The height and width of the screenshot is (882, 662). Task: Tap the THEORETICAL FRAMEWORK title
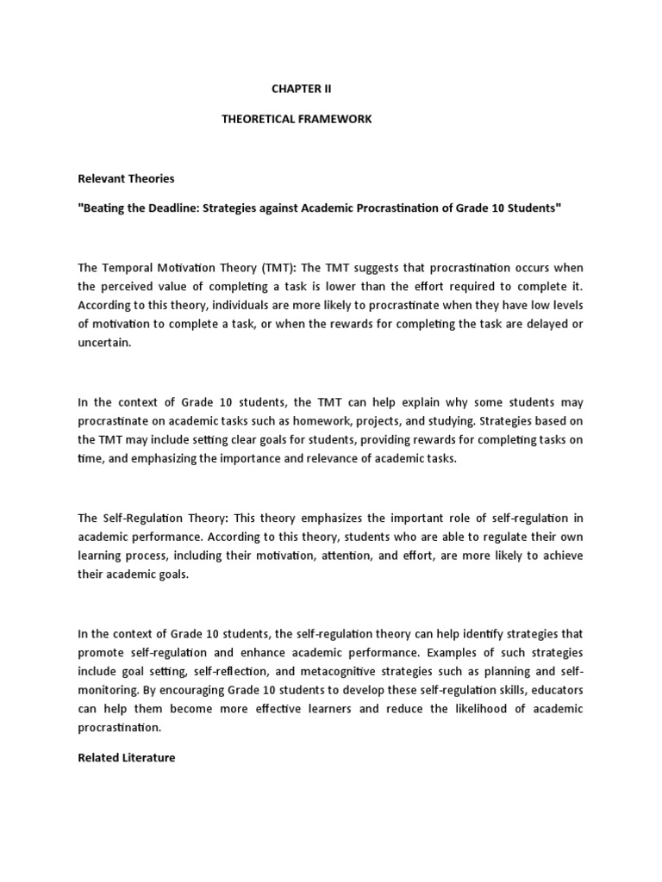point(297,119)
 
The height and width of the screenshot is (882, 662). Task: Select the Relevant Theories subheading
point(126,178)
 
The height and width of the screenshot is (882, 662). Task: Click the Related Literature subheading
point(127,758)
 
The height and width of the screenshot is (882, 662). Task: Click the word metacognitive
point(313,671)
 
